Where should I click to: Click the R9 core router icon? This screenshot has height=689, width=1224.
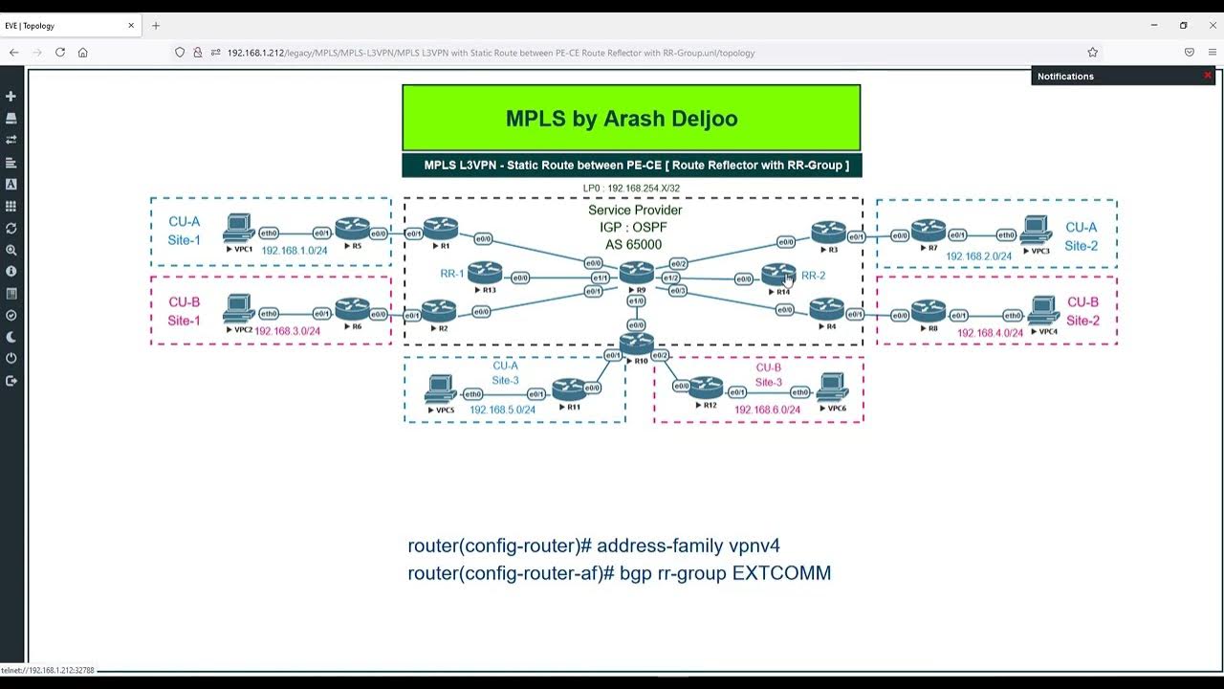click(x=637, y=272)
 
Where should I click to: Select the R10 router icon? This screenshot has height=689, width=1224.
click(x=637, y=343)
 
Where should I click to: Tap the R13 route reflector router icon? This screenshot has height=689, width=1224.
click(x=485, y=273)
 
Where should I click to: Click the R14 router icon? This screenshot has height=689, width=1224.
click(x=778, y=275)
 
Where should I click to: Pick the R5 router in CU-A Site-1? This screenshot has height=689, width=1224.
click(x=352, y=229)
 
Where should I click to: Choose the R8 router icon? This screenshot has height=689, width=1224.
click(x=928, y=311)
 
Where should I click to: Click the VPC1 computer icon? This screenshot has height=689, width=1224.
click(x=238, y=229)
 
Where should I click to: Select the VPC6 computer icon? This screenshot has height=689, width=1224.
click(x=833, y=386)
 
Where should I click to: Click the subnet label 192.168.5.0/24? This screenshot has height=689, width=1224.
click(x=502, y=410)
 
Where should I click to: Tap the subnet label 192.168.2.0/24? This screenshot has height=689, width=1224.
click(x=978, y=256)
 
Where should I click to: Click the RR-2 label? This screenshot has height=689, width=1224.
click(x=813, y=276)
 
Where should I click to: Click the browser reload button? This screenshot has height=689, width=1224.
click(x=59, y=53)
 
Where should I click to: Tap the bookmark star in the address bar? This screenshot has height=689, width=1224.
click(x=1092, y=53)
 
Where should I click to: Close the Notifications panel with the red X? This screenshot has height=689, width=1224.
click(x=1207, y=76)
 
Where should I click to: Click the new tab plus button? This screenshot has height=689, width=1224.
click(x=156, y=26)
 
